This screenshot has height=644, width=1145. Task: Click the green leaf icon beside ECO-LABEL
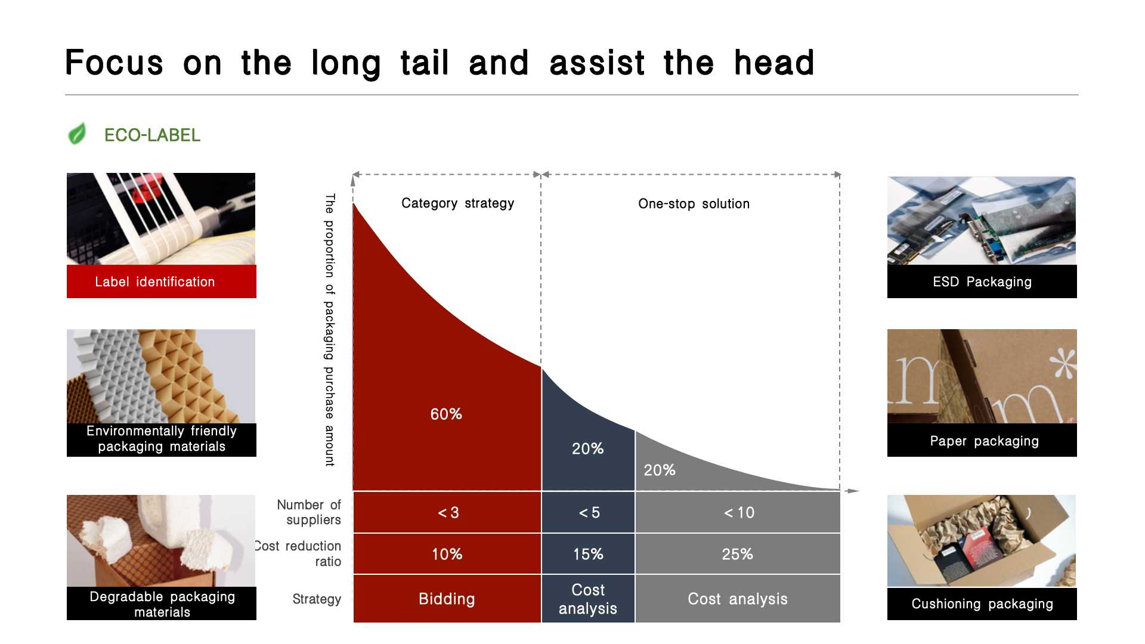pos(77,134)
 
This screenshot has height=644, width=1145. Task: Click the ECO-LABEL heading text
pos(152,135)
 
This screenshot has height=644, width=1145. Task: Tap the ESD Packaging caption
pos(982,281)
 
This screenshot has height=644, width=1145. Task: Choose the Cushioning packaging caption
pos(982,604)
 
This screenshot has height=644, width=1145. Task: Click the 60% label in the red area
pos(446,414)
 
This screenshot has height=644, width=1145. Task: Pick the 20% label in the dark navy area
pos(587,448)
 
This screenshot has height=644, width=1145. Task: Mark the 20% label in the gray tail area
pos(660,470)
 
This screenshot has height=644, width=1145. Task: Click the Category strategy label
pos(457,203)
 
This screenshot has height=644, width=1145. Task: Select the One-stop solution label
pos(694,204)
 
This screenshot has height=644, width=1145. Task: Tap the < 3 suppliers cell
pos(447,512)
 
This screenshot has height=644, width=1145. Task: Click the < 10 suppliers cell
pos(738,512)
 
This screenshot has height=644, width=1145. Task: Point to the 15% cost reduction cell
pos(588,554)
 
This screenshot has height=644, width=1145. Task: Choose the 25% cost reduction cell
pos(738,554)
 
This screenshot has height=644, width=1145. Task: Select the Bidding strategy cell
pos(447,599)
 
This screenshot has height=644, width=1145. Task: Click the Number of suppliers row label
pos(309,512)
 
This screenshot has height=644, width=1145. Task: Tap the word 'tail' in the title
pos(425,63)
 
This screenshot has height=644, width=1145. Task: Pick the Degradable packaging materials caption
pos(162,604)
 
